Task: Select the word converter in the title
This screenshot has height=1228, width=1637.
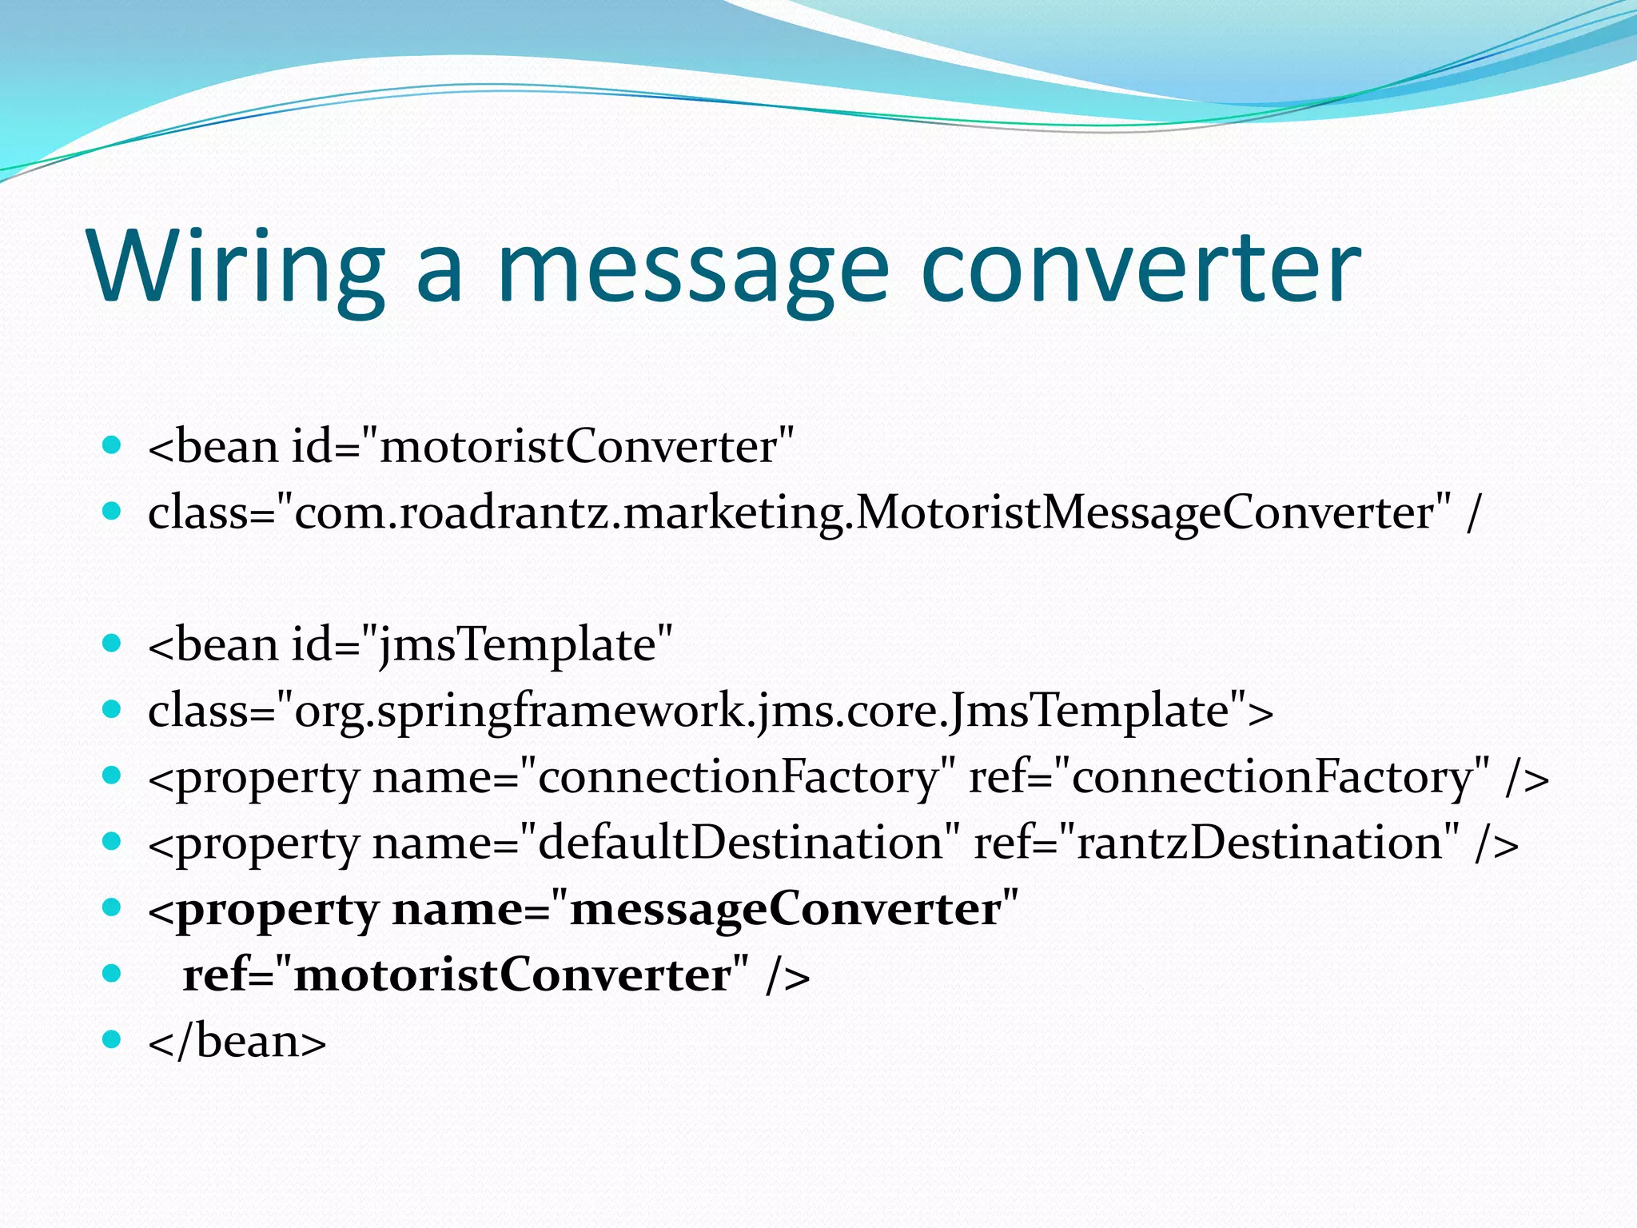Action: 1140,268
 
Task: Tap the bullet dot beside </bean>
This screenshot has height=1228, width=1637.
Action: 112,1039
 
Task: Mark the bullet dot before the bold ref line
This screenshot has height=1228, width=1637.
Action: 112,973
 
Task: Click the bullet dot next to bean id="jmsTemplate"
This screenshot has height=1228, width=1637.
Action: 112,642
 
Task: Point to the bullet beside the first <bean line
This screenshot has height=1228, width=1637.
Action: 112,444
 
